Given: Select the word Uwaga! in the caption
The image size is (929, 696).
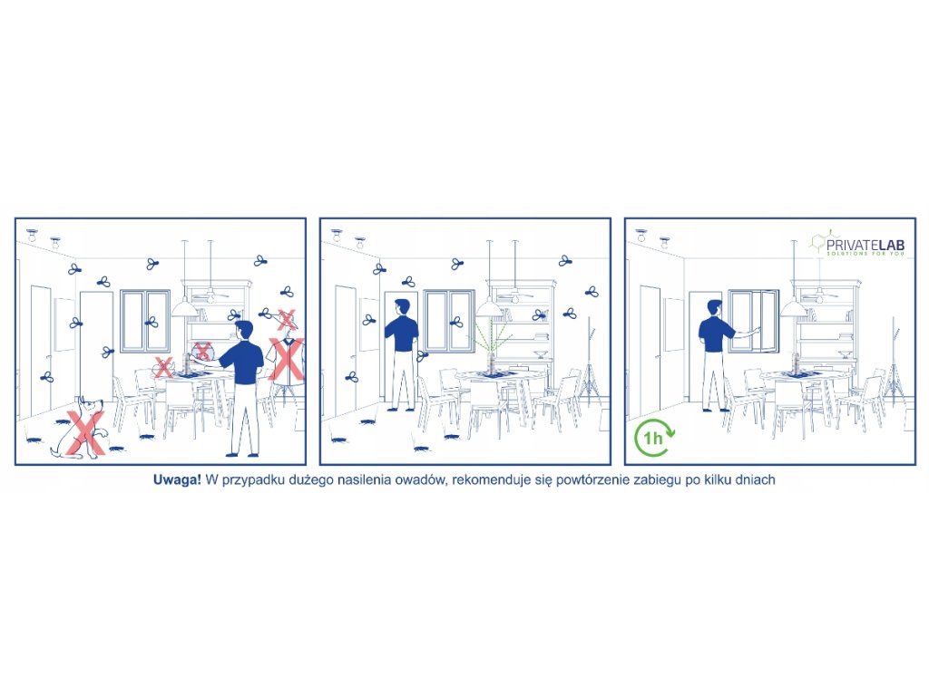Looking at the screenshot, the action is click(177, 480).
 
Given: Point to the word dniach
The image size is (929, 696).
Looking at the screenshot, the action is click(755, 480).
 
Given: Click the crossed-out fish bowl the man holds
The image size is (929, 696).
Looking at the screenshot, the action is click(202, 352).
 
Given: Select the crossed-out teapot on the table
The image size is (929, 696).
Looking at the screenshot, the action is click(163, 368).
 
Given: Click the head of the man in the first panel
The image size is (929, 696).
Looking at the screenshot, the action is click(243, 330).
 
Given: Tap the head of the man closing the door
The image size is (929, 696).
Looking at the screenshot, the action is click(402, 308).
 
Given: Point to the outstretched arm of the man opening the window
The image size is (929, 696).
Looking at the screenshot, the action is click(746, 333).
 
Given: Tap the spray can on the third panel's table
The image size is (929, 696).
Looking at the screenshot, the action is click(796, 362).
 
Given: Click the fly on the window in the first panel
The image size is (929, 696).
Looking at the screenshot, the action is click(152, 323).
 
